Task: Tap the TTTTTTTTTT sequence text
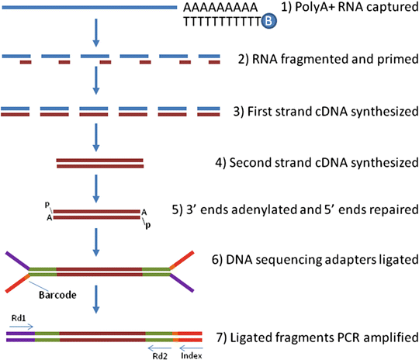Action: coord(220,22)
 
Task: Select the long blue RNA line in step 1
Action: coord(90,9)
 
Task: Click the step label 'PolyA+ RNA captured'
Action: coord(345,9)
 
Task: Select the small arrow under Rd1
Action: coord(22,327)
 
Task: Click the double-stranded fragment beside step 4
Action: coord(99,163)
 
